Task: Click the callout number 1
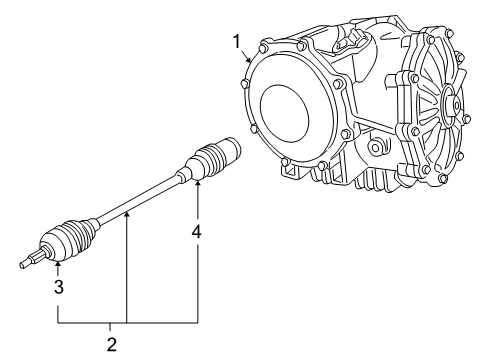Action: pos(236,41)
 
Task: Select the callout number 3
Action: pos(57,288)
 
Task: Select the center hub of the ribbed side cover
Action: pos(447,103)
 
